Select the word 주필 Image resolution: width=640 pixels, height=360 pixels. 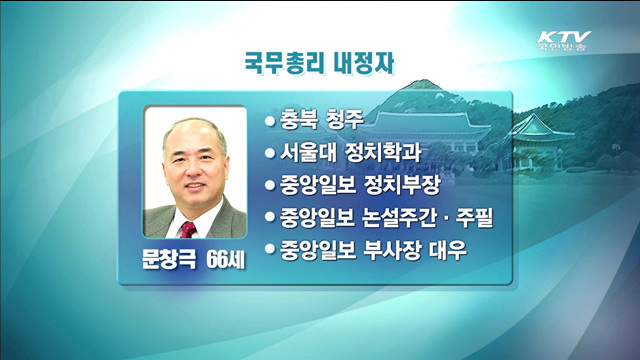(489, 217)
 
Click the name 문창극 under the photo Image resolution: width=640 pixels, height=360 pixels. (171, 258)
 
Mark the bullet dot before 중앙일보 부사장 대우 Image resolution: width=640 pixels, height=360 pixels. (269, 249)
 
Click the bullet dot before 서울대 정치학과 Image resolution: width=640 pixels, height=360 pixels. (269, 154)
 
